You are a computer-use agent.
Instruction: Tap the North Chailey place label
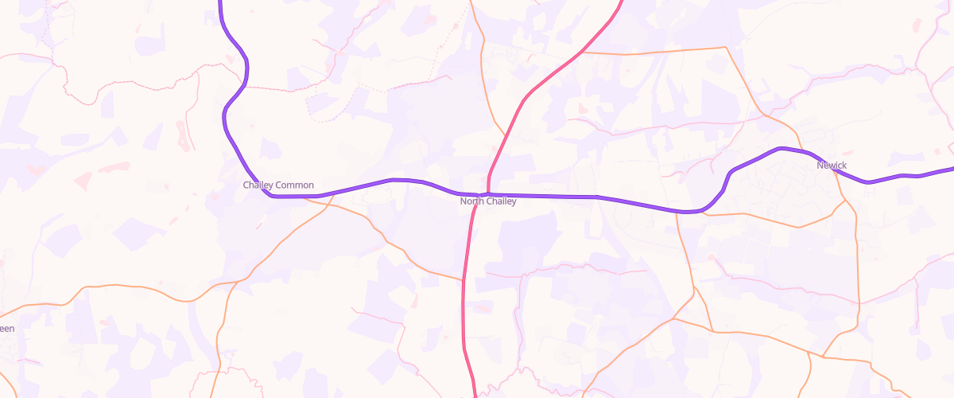488,201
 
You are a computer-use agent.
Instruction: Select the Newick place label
832,166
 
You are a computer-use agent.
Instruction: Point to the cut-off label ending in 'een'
6,329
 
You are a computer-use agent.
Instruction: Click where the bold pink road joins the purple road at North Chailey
487,193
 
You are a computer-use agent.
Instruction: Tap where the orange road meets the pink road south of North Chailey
463,280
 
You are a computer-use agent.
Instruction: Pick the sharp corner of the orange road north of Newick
726,48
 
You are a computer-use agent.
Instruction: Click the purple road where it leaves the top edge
219,2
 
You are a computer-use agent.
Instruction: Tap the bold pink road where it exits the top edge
620,2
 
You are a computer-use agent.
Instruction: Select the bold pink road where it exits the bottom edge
475,396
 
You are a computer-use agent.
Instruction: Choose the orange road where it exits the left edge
2,306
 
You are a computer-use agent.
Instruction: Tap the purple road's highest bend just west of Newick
781,148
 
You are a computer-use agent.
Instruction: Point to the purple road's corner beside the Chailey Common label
270,195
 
